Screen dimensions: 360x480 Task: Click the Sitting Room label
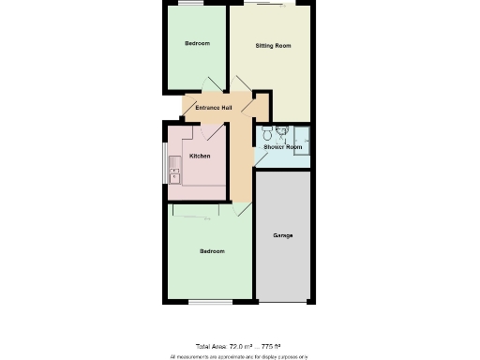[x=273, y=46]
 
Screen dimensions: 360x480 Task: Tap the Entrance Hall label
[x=213, y=108]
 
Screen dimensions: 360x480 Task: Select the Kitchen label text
[x=200, y=156]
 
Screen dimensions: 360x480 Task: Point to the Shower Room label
[x=281, y=147]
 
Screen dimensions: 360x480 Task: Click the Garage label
[x=283, y=235]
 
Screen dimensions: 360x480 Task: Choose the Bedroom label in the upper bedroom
[x=197, y=44]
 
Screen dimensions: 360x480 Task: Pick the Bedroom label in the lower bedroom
[x=212, y=250]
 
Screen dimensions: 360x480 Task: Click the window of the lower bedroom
[x=209, y=302]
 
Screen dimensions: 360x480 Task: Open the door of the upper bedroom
[x=217, y=85]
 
